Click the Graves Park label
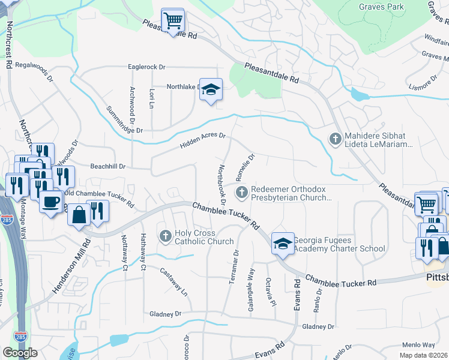click(382, 7)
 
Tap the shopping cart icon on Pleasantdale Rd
click(173, 21)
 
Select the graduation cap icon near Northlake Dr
click(211, 90)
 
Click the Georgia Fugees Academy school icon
click(282, 244)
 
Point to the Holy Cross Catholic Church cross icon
click(166, 236)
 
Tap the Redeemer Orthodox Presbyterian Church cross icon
click(241, 193)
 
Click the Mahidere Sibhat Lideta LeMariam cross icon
click(335, 139)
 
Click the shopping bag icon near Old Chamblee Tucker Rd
click(79, 214)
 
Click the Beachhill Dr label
click(107, 166)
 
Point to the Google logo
click(20, 353)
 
